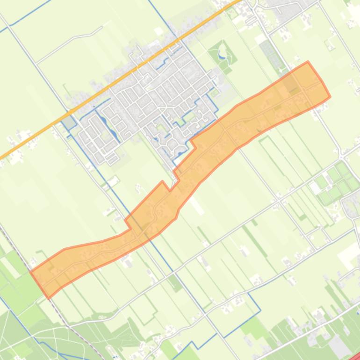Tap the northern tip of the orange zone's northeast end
point(307,62)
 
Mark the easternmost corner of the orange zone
point(330,97)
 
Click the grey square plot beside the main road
point(69,122)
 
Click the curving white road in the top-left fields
point(70,40)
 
